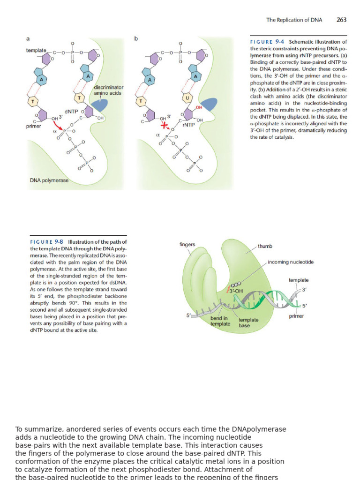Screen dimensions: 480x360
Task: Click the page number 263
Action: pyautogui.click(x=341, y=20)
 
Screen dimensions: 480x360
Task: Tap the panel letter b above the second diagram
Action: pyautogui.click(x=136, y=38)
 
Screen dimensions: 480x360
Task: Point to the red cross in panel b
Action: pyautogui.click(x=164, y=126)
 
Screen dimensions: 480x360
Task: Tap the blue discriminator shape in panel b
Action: pyautogui.click(x=209, y=105)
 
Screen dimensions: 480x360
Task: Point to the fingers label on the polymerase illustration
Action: pyautogui.click(x=187, y=244)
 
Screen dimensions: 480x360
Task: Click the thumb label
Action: pyautogui.click(x=265, y=246)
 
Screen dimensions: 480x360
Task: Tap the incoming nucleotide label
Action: pyautogui.click(x=291, y=262)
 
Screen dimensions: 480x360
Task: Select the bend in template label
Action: pyautogui.click(x=220, y=321)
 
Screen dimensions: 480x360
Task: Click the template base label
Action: pyautogui.click(x=248, y=322)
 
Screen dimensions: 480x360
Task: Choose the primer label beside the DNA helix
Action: pyautogui.click(x=296, y=316)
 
